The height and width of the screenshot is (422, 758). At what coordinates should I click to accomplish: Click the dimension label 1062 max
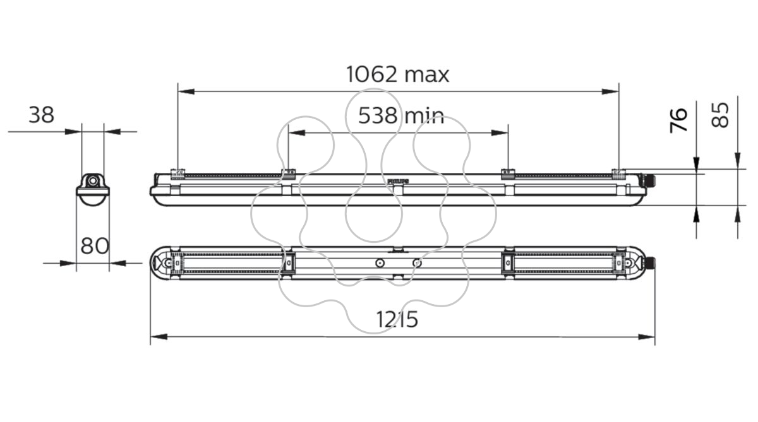click(x=397, y=74)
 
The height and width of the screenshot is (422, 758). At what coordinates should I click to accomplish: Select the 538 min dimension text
click(x=401, y=115)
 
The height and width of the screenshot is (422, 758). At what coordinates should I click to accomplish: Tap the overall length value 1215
click(x=397, y=319)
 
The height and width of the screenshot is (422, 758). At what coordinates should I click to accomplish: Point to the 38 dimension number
click(x=41, y=115)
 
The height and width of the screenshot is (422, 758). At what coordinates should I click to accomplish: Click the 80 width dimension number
click(x=95, y=245)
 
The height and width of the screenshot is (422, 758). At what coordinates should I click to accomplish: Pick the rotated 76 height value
click(x=679, y=120)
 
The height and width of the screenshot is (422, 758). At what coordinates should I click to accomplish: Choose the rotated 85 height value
click(x=719, y=115)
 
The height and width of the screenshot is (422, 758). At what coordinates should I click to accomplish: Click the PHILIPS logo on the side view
click(x=399, y=182)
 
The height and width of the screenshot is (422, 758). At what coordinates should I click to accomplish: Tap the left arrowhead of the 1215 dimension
click(x=159, y=337)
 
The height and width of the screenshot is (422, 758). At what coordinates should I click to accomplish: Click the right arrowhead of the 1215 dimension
click(x=646, y=337)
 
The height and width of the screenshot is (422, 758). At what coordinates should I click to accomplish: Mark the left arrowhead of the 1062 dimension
click(x=186, y=91)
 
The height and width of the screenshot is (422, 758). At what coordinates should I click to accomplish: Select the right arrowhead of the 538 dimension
click(x=500, y=133)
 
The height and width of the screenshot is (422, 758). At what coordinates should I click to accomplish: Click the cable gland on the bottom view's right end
click(x=651, y=263)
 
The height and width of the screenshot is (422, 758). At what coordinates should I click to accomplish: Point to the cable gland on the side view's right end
click(x=651, y=180)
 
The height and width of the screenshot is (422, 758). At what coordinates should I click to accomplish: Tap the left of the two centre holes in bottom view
click(x=380, y=263)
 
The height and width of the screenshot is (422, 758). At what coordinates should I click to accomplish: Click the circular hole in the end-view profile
click(x=92, y=181)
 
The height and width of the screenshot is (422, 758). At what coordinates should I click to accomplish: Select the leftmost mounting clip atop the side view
click(x=177, y=173)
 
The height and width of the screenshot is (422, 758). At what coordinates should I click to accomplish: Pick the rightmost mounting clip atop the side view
click(x=619, y=173)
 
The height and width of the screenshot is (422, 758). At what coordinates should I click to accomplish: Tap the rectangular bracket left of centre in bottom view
click(x=288, y=263)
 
